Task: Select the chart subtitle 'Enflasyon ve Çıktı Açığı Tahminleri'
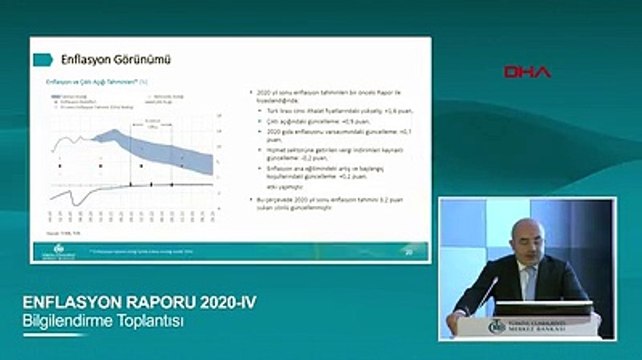coord(94,80)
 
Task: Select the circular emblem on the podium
coord(497,326)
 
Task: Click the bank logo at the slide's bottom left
coord(61,249)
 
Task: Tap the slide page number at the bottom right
coord(407,251)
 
